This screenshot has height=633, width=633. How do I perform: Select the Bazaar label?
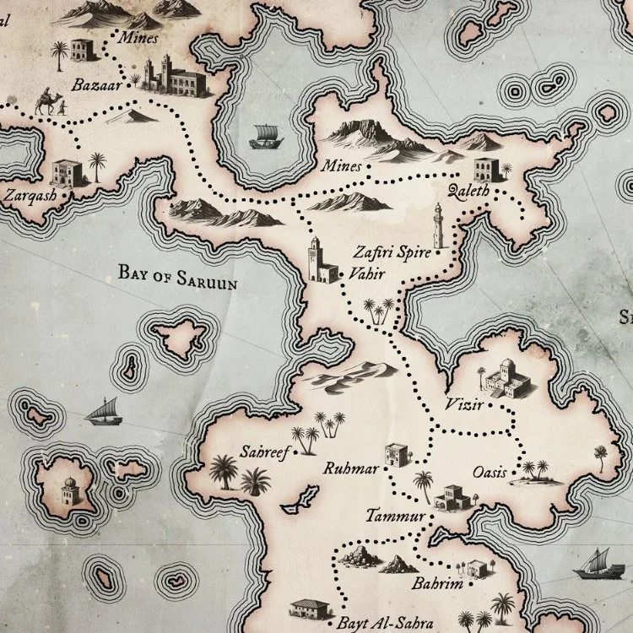point(95,84)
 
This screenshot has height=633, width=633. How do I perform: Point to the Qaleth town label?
point(470,191)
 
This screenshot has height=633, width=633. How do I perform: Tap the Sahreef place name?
point(265,453)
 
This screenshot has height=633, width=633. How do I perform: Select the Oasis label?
point(490,473)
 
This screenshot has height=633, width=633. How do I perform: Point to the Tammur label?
point(392,514)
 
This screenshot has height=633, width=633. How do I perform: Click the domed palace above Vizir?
point(509,377)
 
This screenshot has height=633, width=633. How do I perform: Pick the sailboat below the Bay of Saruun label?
point(103,412)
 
